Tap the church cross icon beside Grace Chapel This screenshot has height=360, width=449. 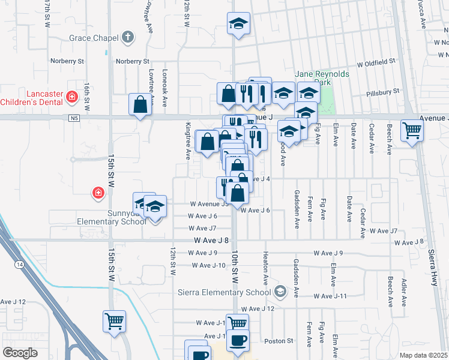[x=127, y=38]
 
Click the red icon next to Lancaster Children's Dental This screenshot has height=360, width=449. [x=71, y=96]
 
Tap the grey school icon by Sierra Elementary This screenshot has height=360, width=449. [x=279, y=292]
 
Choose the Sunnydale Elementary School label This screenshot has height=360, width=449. [x=112, y=217]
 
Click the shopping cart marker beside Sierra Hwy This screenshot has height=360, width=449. [x=412, y=130]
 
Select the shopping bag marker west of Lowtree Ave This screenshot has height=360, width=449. [x=140, y=105]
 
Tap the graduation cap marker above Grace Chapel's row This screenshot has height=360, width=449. [x=238, y=25]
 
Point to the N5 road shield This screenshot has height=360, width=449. [x=74, y=118]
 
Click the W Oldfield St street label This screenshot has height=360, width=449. [x=376, y=62]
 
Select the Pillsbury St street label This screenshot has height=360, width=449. [x=384, y=91]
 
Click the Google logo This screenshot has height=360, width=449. [x=20, y=353]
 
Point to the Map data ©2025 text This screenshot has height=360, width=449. [x=423, y=355]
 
